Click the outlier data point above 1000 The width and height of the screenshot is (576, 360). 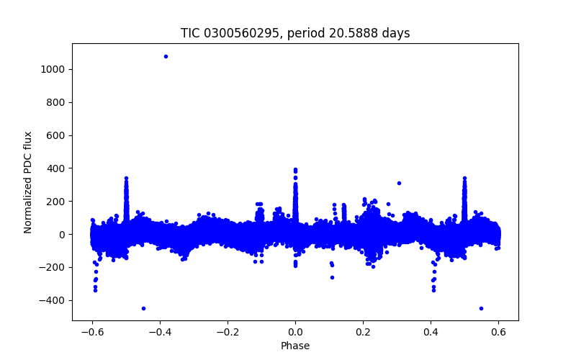(x=166, y=56)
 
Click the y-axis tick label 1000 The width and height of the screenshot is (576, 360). (x=55, y=69)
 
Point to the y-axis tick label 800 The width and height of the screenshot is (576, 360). (x=58, y=102)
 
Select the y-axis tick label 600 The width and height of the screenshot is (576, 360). (x=58, y=135)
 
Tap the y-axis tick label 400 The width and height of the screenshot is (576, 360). (x=58, y=168)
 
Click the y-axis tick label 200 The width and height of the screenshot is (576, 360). (x=58, y=202)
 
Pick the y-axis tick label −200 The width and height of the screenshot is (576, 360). (x=55, y=267)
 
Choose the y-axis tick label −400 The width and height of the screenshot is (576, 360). (x=55, y=300)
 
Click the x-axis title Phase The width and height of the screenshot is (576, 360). (x=295, y=346)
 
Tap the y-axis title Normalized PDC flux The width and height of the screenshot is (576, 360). (x=28, y=182)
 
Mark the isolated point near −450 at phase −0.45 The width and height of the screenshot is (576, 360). (x=143, y=308)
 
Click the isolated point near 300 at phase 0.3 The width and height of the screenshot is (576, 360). (x=399, y=183)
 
